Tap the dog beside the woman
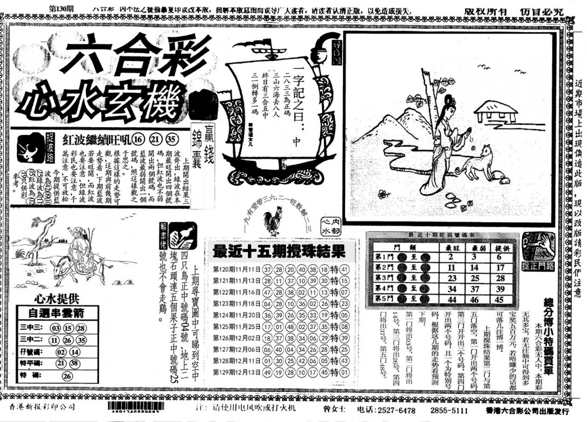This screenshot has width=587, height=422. pos(478,162)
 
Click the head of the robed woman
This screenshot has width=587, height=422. pos(450,103)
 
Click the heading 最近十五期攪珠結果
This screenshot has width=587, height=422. pos(279,251)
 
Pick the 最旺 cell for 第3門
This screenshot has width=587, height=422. pos(451,278)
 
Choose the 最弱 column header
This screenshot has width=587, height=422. pos(474,247)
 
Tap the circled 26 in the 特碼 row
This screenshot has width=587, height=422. pos(67,375)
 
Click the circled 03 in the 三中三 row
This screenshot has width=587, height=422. pos(55,328)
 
